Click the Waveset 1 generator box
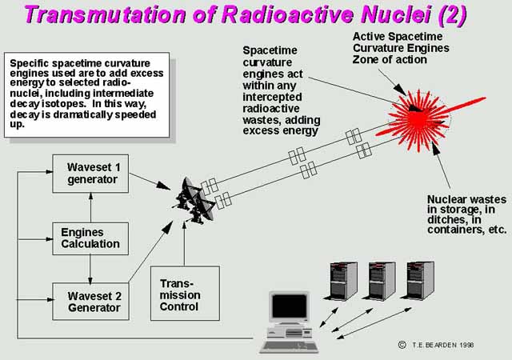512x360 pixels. click(x=90, y=174)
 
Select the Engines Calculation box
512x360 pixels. click(x=90, y=238)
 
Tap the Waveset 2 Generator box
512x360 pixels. click(x=90, y=301)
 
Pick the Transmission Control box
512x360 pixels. click(x=185, y=294)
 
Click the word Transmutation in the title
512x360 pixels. click(x=105, y=14)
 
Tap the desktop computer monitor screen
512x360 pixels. click(x=290, y=306)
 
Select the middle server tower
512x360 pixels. click(x=380, y=281)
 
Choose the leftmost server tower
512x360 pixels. click(x=342, y=281)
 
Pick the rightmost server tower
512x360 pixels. click(x=418, y=281)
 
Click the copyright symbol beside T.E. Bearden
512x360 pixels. click(x=402, y=345)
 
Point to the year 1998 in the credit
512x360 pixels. click(x=466, y=345)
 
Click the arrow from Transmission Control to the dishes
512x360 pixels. click(x=185, y=242)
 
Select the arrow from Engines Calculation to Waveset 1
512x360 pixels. click(x=90, y=207)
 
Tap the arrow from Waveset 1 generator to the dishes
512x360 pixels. click(x=150, y=182)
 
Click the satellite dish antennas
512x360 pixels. click(x=195, y=201)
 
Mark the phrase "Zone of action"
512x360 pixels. click(x=390, y=60)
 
